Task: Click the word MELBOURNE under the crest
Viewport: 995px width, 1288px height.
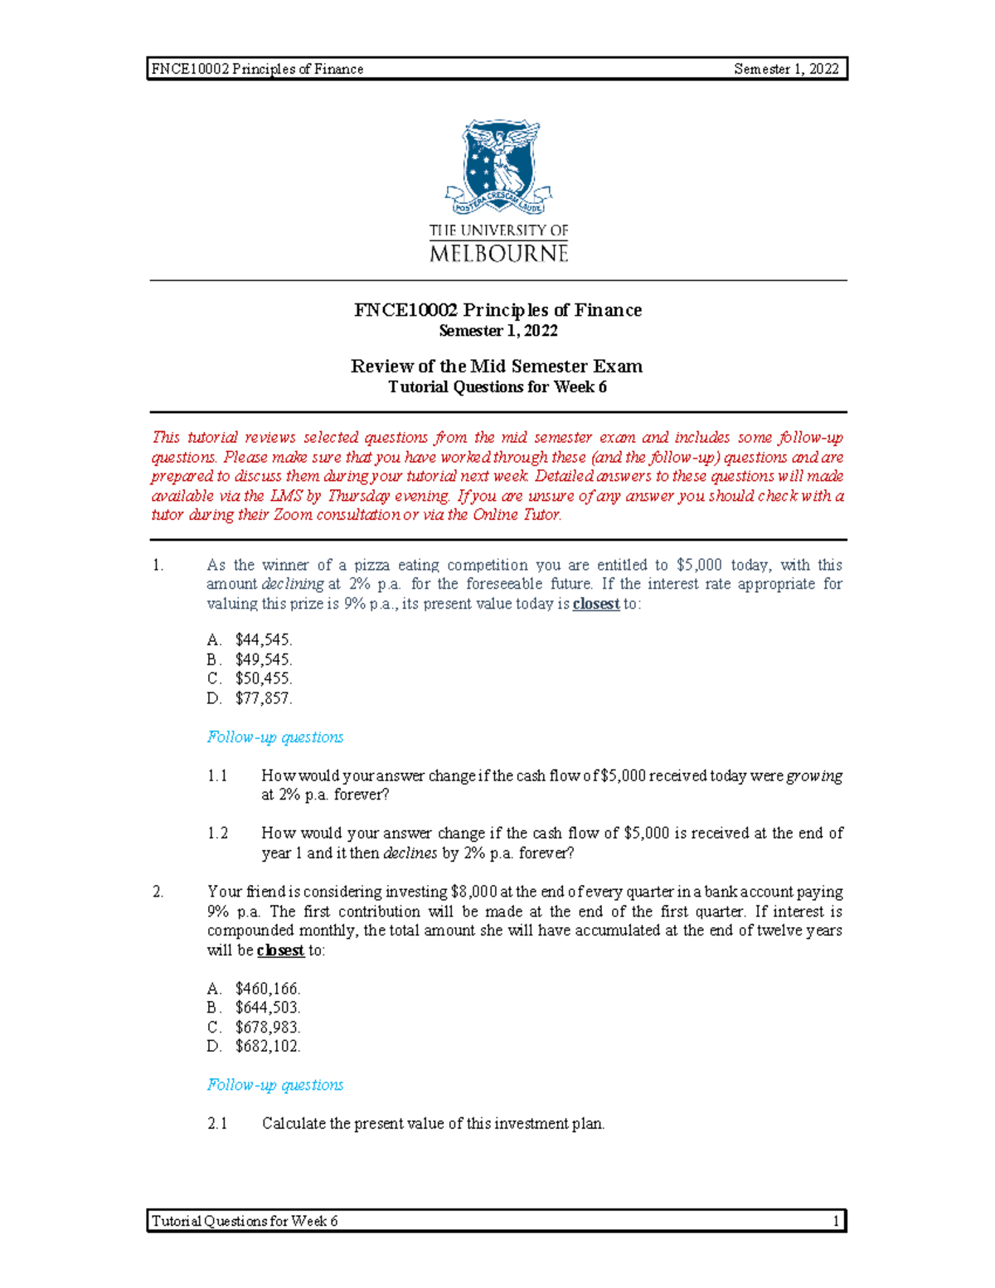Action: coord(498,253)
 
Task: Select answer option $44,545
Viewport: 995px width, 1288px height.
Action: coord(263,639)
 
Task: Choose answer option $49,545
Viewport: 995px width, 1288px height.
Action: coord(263,659)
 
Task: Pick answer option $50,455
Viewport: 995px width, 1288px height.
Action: coord(263,678)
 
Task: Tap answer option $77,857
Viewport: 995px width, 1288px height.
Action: coord(263,698)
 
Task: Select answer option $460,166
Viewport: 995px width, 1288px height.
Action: coord(267,988)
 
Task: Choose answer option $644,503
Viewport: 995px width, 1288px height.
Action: coord(267,1007)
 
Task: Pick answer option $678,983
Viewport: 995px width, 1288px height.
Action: coord(267,1027)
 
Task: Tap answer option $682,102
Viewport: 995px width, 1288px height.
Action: coord(267,1046)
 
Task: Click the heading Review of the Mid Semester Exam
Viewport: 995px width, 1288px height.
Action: coord(497,366)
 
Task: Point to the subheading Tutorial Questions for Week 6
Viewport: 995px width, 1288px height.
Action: coord(498,386)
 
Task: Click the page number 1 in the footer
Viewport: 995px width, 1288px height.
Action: coord(837,1221)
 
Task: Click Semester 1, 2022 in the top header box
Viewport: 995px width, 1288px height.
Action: coord(786,69)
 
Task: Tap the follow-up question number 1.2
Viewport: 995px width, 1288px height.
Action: coord(217,834)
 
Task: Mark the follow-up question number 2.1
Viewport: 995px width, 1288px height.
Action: coord(217,1124)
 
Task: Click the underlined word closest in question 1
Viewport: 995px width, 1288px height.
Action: coord(596,604)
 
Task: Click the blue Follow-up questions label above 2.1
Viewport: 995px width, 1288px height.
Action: coord(274,1085)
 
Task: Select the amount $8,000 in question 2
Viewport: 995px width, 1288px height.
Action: coord(473,892)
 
